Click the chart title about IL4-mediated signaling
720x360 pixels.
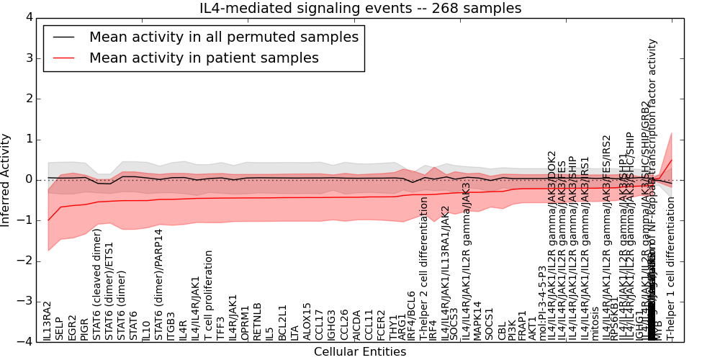[360, 9]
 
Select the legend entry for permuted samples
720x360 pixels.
[223, 37]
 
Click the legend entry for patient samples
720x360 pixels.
[204, 58]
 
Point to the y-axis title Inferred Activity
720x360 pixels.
[6, 179]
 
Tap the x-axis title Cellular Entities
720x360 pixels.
[360, 351]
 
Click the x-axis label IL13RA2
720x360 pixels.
[48, 321]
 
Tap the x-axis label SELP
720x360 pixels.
[60, 328]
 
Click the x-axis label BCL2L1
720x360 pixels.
[282, 322]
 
